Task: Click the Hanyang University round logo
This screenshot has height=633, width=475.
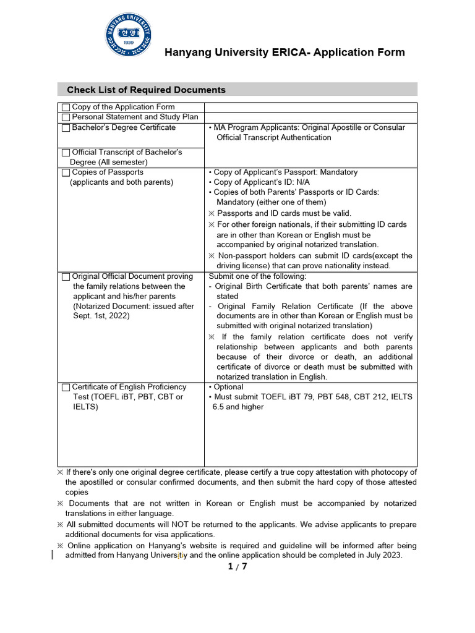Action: tap(128, 36)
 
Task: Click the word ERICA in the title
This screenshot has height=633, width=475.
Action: tap(290, 52)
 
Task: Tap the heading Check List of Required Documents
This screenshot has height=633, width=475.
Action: tap(146, 90)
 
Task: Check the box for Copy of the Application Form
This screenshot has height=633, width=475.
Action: tap(66, 108)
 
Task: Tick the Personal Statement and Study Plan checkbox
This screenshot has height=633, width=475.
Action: tap(66, 117)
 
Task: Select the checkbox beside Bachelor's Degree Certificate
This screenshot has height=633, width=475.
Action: tap(66, 128)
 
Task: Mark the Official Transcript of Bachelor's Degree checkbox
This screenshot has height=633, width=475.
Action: tap(66, 153)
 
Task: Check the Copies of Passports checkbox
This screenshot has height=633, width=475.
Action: tap(66, 172)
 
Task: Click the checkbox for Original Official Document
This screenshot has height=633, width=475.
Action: tap(66, 277)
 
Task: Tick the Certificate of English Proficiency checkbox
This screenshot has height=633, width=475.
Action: tap(66, 388)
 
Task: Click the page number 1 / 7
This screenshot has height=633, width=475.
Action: tap(237, 567)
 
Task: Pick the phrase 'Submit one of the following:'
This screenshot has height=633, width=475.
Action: tap(257, 276)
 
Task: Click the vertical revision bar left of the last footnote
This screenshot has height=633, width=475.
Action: tap(52, 554)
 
